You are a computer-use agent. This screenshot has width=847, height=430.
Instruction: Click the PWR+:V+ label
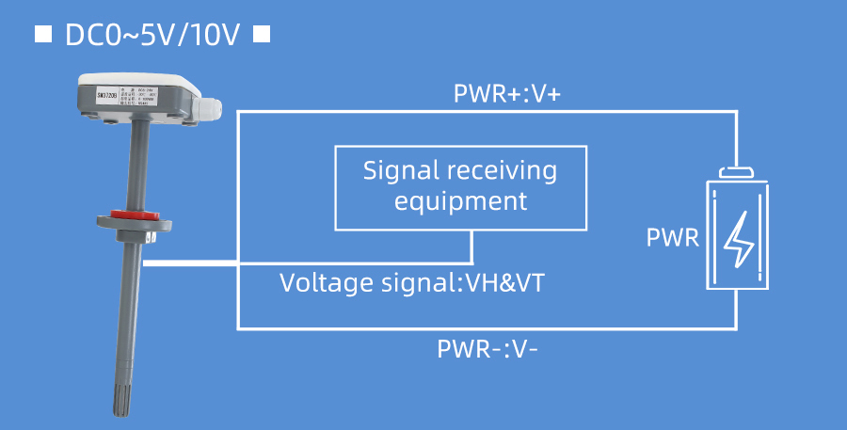click(x=507, y=94)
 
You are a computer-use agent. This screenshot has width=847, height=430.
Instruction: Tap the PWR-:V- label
click(x=487, y=349)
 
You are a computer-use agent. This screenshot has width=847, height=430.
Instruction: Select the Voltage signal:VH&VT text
click(x=411, y=282)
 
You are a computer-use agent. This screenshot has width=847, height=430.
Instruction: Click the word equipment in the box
click(x=460, y=201)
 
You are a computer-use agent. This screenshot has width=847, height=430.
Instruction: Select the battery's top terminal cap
click(x=738, y=172)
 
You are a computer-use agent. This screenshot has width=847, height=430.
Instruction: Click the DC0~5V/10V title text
click(x=152, y=35)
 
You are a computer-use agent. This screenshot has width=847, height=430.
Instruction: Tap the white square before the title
click(x=42, y=35)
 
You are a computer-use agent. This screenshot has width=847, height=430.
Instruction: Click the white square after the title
click(x=263, y=35)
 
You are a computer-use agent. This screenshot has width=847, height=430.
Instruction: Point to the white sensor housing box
click(x=141, y=99)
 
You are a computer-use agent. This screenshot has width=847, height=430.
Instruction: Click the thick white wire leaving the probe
click(x=188, y=263)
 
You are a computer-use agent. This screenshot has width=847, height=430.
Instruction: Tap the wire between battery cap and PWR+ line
click(x=738, y=139)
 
